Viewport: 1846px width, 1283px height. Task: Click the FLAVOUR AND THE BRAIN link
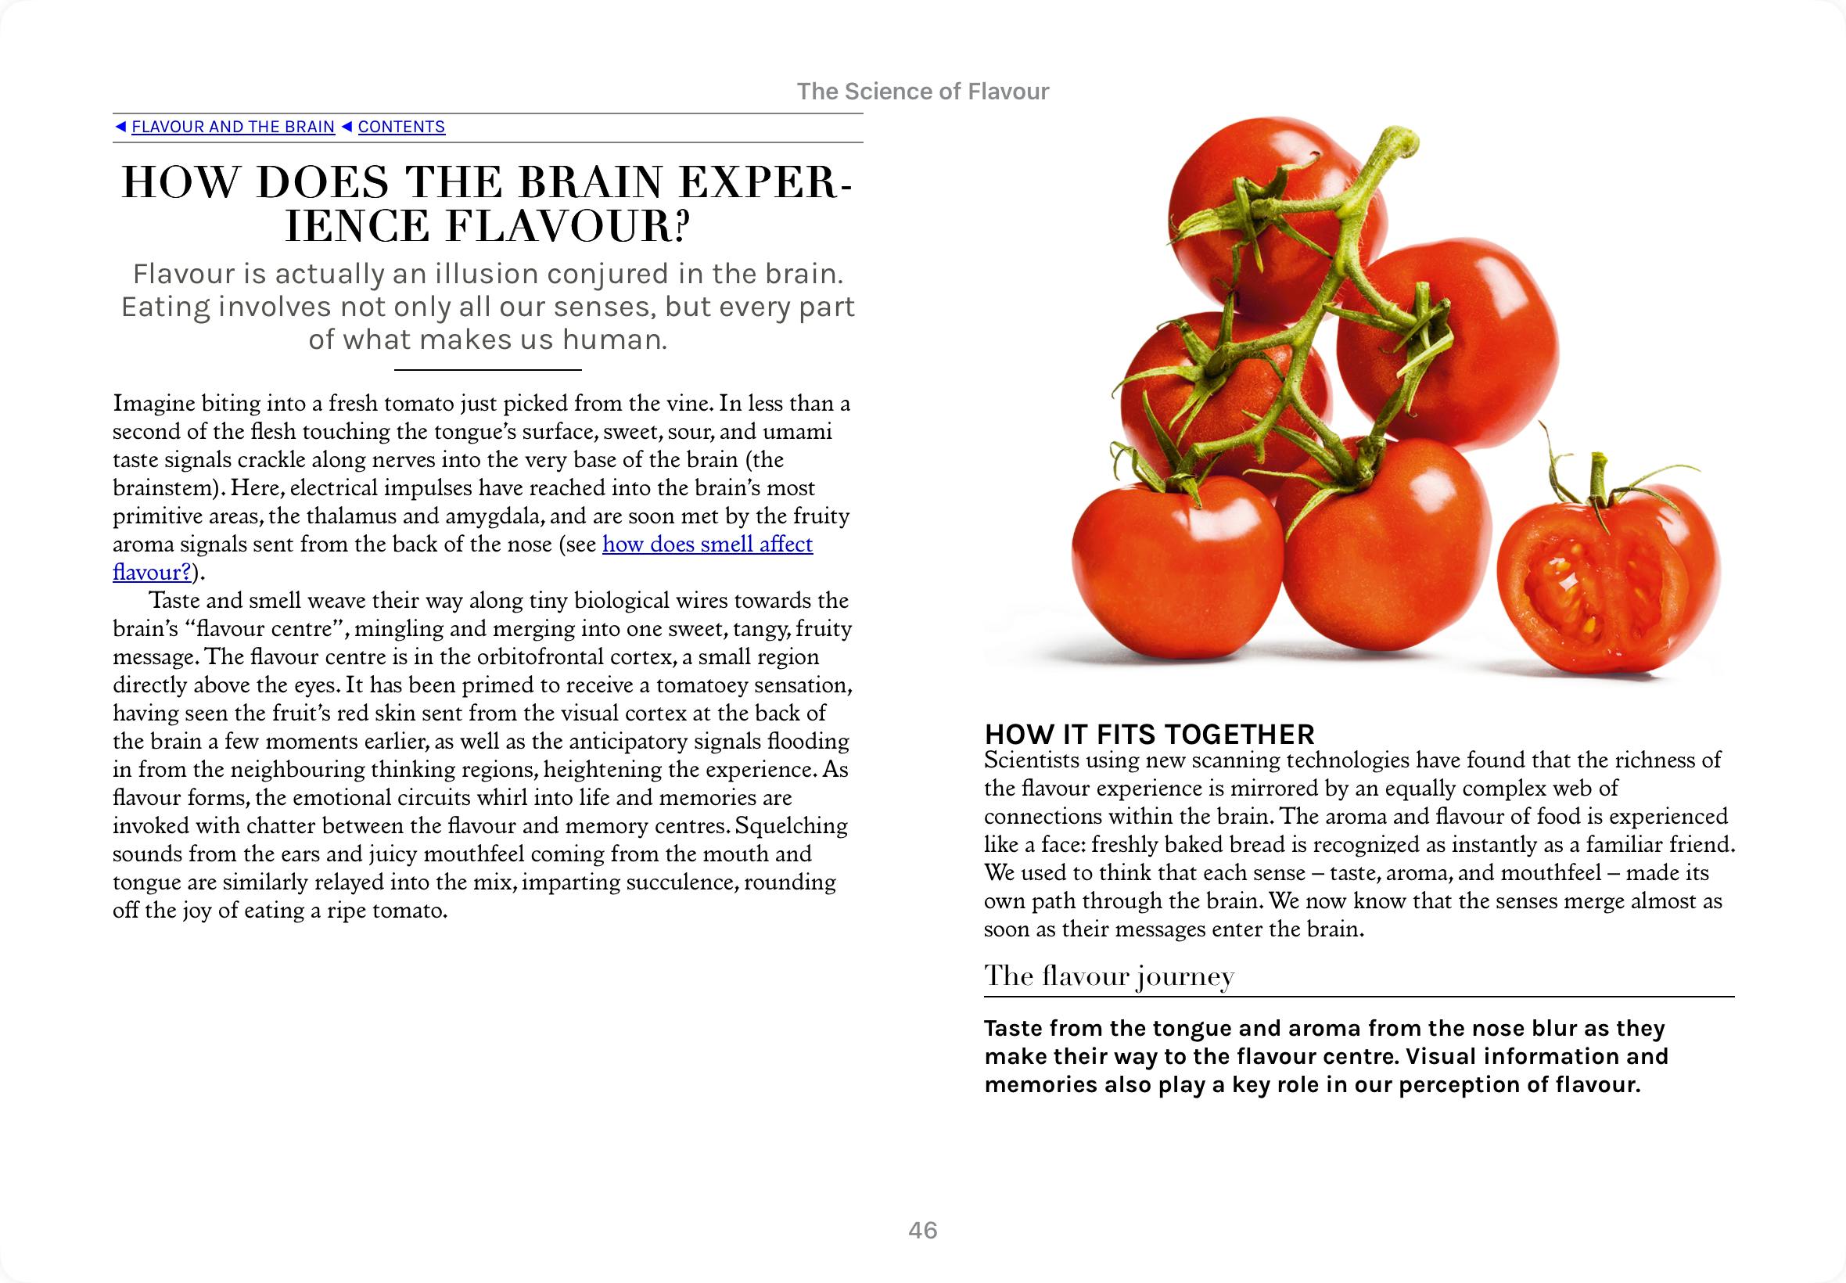tap(233, 127)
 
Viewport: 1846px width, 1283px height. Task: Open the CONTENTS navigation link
tap(401, 127)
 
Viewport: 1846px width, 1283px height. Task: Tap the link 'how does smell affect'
tap(707, 544)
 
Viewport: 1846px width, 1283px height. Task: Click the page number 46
tap(922, 1231)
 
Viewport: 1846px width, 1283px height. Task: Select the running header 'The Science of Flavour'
tap(922, 92)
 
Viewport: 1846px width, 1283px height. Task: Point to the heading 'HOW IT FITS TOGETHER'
tap(1149, 734)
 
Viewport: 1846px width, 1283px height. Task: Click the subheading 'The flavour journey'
tap(1109, 976)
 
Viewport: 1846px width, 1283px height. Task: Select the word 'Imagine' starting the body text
tap(152, 404)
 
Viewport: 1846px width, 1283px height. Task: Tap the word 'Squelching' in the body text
tap(792, 825)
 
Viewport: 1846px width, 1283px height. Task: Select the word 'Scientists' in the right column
tap(1031, 760)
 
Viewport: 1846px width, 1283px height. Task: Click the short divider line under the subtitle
tap(488, 370)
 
